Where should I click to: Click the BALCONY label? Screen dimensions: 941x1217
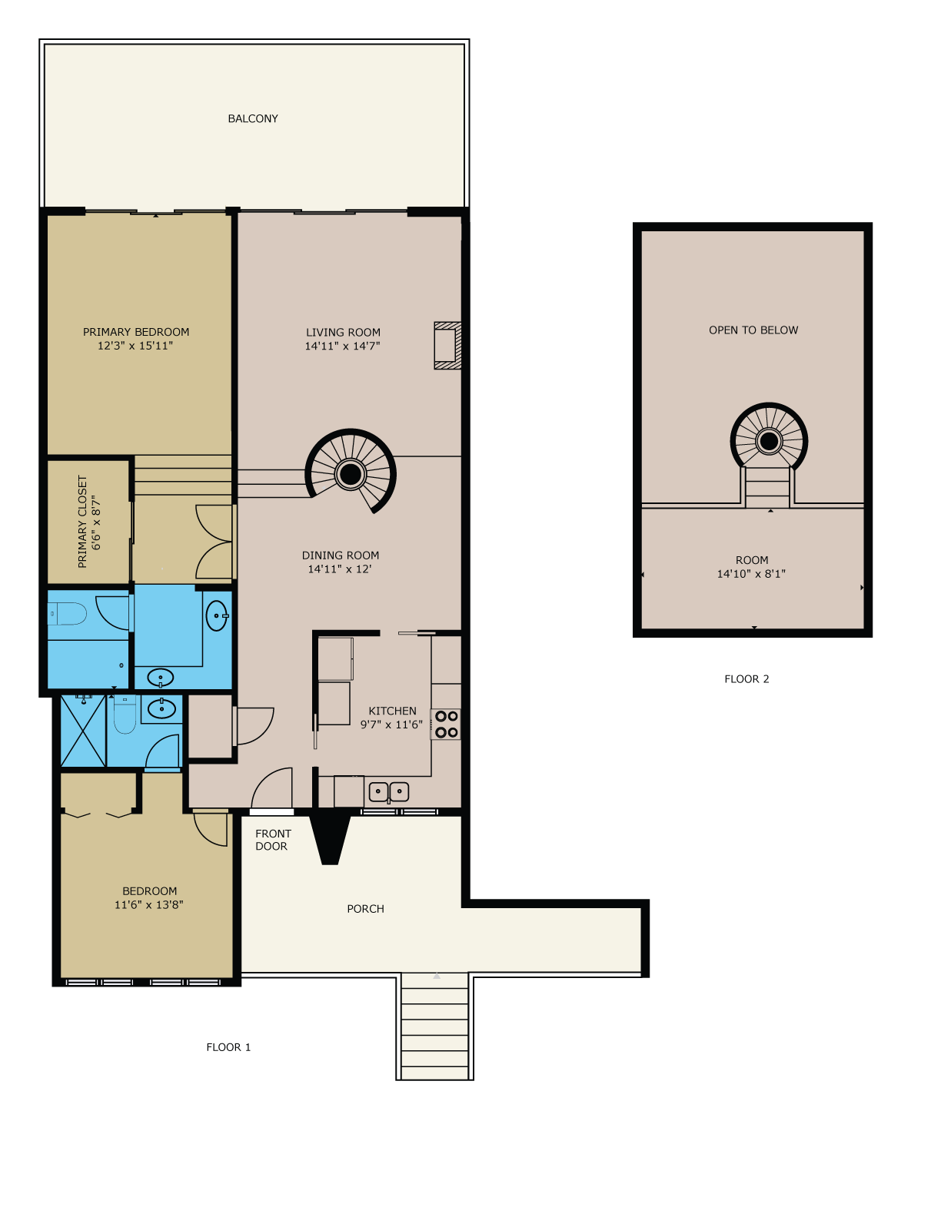point(253,119)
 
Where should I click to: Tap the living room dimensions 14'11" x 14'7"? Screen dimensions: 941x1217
point(342,346)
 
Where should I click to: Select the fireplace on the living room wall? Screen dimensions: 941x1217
point(447,346)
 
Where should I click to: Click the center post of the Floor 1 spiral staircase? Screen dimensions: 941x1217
point(351,474)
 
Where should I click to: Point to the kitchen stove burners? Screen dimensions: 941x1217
point(446,725)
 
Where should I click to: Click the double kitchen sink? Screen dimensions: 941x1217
point(389,792)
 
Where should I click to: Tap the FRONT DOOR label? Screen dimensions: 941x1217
point(273,840)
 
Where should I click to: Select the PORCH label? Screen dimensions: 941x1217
point(365,909)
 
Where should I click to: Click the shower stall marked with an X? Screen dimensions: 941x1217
point(83,731)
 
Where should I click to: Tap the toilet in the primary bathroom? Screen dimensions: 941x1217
point(67,614)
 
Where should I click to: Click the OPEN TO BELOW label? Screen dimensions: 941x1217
point(753,330)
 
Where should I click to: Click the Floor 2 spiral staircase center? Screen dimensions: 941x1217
point(769,441)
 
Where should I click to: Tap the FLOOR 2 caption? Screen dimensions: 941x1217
point(746,679)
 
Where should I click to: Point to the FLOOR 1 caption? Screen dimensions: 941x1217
point(228,1047)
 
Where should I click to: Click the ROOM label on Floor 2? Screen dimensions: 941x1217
point(752,560)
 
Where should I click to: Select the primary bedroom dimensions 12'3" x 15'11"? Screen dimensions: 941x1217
point(135,346)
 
